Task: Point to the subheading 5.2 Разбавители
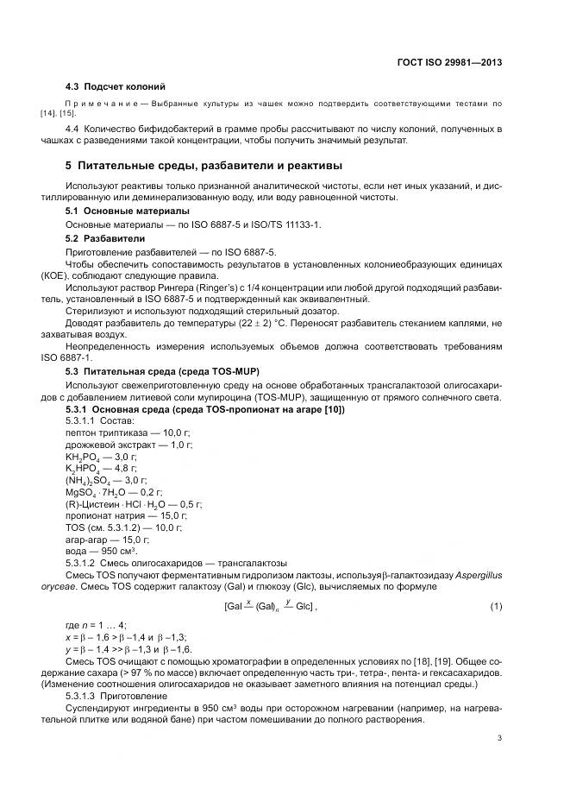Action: tap(105, 237)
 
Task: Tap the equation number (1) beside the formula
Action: tap(496, 607)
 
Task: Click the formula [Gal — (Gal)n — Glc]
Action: tap(270, 607)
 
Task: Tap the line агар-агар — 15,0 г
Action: tap(108, 539)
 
